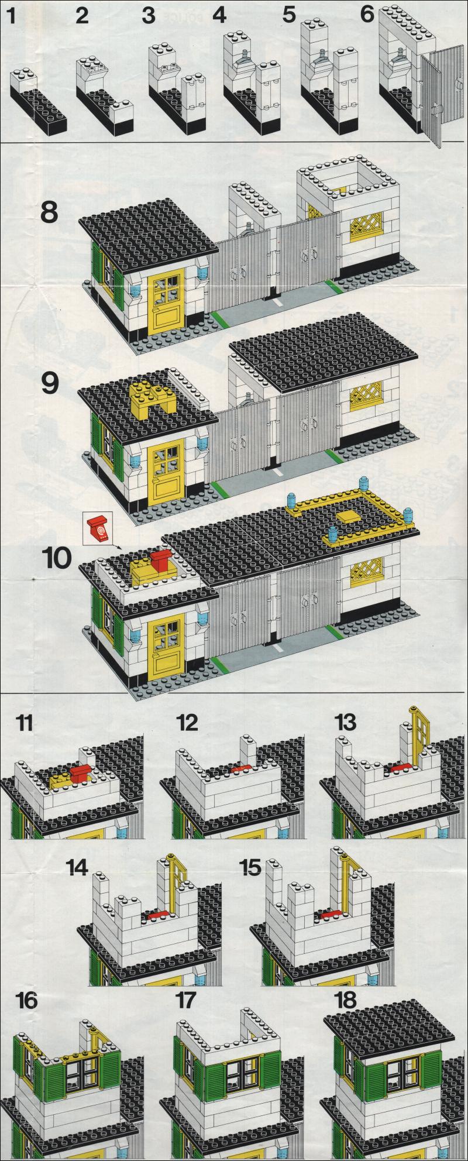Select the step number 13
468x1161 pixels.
pos(345,722)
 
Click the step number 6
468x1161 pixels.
pos(367,13)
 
